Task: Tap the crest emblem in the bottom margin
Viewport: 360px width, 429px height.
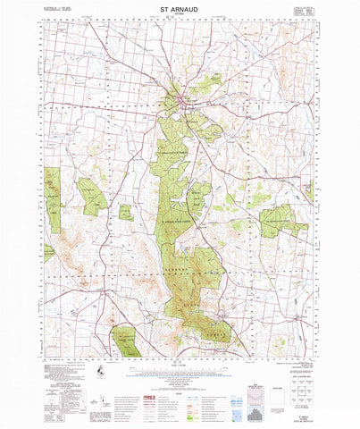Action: pos(96,370)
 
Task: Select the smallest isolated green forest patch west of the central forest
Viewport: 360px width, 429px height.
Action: pos(126,213)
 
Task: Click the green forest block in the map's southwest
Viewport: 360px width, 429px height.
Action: pos(123,340)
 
